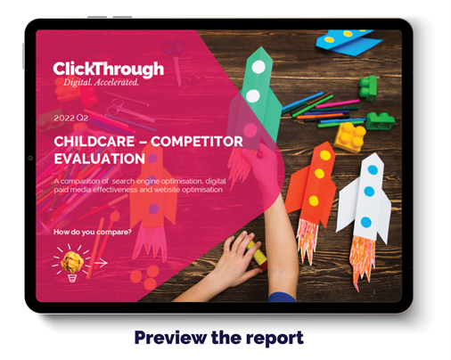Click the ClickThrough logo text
[109, 70]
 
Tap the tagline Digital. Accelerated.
[101, 82]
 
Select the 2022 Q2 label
[71, 119]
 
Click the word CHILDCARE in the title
[94, 142]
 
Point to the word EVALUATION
[100, 159]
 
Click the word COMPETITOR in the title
[197, 142]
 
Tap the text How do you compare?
[93, 232]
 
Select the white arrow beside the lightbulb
[101, 263]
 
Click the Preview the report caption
[219, 338]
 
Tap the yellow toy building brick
[350, 137]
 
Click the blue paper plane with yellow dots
[348, 42]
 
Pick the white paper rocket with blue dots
[365, 198]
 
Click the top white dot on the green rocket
[258, 67]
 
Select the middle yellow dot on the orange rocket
[319, 174]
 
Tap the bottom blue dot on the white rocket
[366, 222]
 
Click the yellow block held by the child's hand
[258, 255]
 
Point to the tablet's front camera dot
[30, 158]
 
